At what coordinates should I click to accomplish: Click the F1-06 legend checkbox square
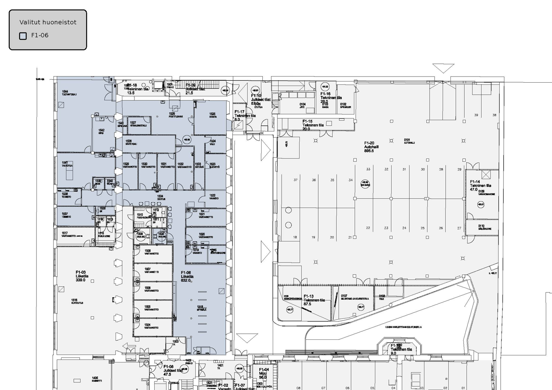click(23, 36)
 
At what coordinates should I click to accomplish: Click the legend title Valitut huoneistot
click(48, 22)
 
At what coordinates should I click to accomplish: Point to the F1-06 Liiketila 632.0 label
click(187, 277)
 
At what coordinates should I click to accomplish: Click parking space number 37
click(296, 180)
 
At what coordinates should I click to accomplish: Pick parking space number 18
click(295, 237)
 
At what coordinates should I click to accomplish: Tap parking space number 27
click(459, 228)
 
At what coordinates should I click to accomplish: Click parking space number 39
click(476, 115)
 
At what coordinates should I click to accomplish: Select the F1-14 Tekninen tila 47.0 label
click(480, 186)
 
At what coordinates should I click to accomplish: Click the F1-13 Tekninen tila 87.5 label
click(314, 300)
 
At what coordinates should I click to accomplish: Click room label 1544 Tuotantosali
click(69, 93)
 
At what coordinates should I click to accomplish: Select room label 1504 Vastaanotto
click(151, 326)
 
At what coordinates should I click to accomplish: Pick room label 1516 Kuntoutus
click(77, 302)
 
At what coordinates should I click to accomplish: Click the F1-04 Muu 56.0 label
click(264, 373)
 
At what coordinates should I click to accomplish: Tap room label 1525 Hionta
click(212, 115)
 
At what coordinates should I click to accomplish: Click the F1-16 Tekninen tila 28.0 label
click(330, 97)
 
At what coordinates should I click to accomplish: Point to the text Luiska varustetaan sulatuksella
click(403, 327)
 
